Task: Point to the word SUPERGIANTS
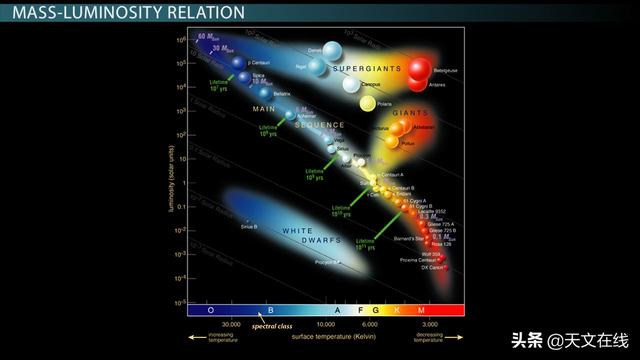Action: tap(369, 69)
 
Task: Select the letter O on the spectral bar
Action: tap(211, 311)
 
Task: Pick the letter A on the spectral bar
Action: tap(338, 311)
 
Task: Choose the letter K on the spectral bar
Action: tap(398, 311)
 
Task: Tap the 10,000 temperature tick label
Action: tap(327, 325)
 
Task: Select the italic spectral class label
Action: tap(271, 326)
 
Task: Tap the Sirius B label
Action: tap(249, 227)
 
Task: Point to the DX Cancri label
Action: tap(431, 268)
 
